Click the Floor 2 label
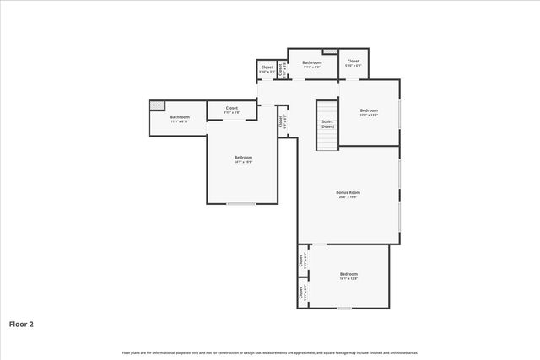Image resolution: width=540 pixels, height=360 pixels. click(x=22, y=323)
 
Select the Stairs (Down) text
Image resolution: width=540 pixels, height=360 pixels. click(x=327, y=124)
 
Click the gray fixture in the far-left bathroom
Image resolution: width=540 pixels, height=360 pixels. click(x=157, y=105)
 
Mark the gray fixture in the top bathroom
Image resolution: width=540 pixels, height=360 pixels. click(x=330, y=52)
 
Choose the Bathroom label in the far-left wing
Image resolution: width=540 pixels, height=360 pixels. click(x=180, y=116)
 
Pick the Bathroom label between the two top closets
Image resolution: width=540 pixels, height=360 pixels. click(x=312, y=62)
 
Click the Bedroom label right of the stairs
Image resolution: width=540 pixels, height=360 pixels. click(x=369, y=110)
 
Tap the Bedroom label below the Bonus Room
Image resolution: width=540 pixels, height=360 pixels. click(x=348, y=274)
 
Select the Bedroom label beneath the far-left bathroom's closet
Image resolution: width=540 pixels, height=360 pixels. click(x=243, y=157)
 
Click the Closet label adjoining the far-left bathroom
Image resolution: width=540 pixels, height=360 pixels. click(x=231, y=108)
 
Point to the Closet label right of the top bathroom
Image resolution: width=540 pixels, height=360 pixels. click(x=354, y=61)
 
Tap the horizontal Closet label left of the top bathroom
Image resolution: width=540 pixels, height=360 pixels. click(x=267, y=67)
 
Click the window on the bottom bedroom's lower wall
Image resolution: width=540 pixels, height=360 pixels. click(x=343, y=308)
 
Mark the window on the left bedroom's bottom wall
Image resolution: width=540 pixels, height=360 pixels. click(x=241, y=203)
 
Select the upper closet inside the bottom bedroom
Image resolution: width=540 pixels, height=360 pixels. click(x=300, y=261)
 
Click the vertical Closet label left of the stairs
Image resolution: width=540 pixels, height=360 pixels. click(x=280, y=120)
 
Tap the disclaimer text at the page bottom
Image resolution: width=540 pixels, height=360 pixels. click(x=270, y=352)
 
